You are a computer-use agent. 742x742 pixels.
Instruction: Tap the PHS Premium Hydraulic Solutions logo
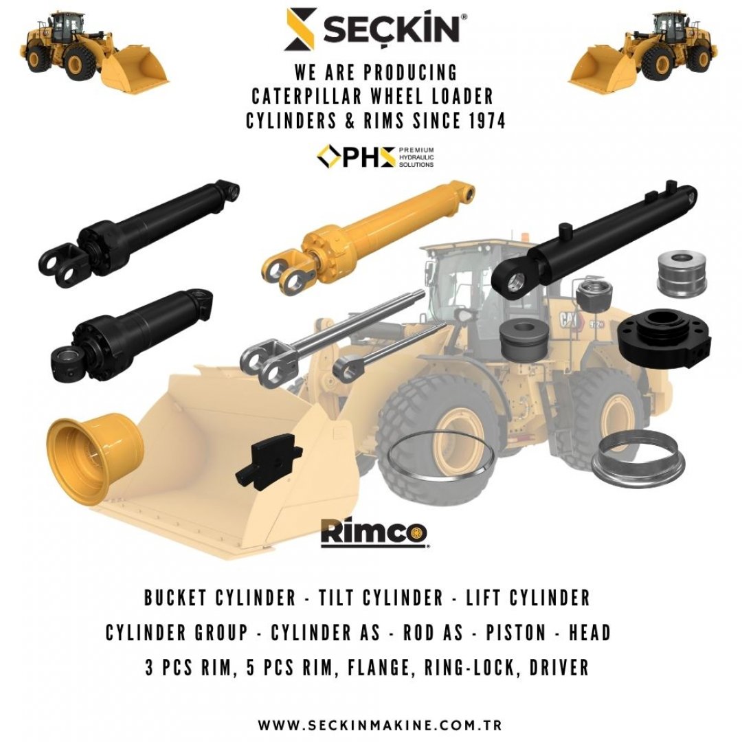375,157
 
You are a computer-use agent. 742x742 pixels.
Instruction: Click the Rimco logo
374,533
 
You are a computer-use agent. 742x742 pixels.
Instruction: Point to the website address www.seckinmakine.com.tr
379,725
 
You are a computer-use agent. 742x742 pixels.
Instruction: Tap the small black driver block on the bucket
269,462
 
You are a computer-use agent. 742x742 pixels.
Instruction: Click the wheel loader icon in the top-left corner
94,51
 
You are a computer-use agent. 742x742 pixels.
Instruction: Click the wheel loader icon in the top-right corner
642,51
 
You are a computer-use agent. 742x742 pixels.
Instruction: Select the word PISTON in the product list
516,633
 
